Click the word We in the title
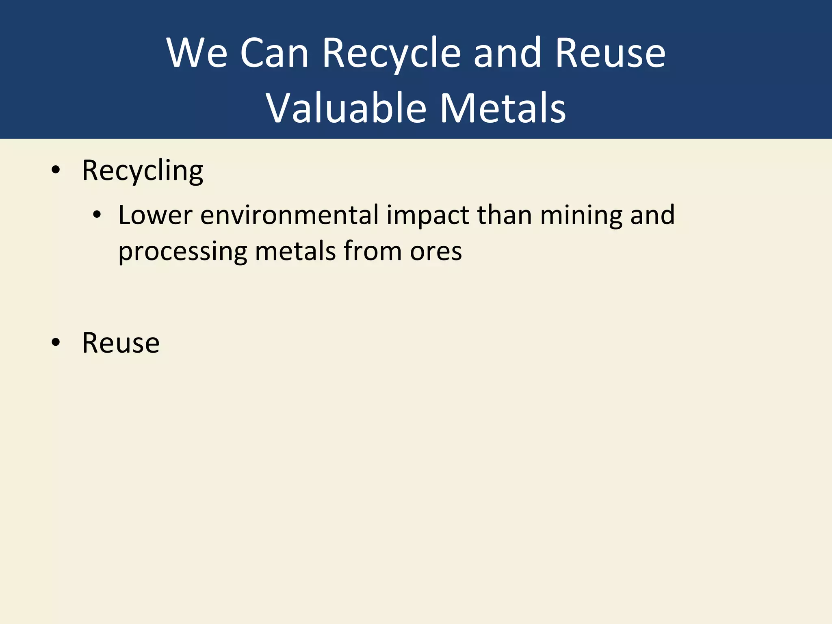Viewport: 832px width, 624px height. click(197, 53)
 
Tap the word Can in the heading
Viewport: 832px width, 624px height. click(274, 53)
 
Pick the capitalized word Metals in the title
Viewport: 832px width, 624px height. click(503, 108)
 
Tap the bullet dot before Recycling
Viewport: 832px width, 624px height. click(56, 171)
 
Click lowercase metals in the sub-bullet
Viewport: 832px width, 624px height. click(295, 251)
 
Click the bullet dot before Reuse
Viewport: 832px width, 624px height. click(56, 343)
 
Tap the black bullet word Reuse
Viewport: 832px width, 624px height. click(121, 343)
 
